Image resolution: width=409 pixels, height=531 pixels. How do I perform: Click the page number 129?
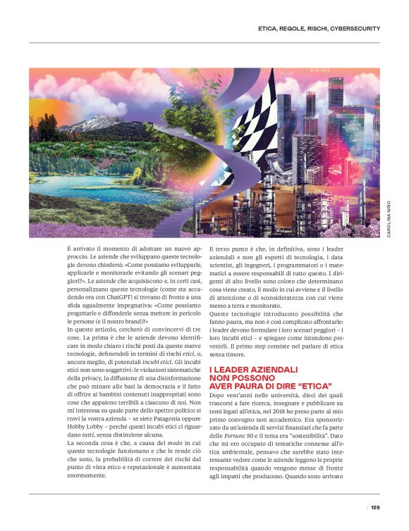(x=375, y=507)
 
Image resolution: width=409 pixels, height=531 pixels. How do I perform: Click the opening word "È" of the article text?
(x=70, y=249)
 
